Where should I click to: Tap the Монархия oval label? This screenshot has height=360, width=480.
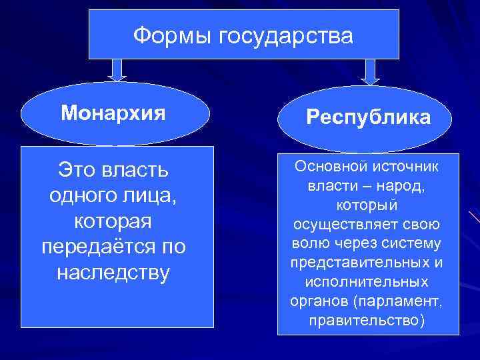point(113,113)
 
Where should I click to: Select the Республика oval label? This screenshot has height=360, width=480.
point(368,118)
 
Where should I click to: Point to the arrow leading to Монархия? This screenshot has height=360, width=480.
point(118,69)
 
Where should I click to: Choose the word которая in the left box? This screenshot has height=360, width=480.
point(113,221)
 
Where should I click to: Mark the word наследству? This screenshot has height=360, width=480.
point(113,273)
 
